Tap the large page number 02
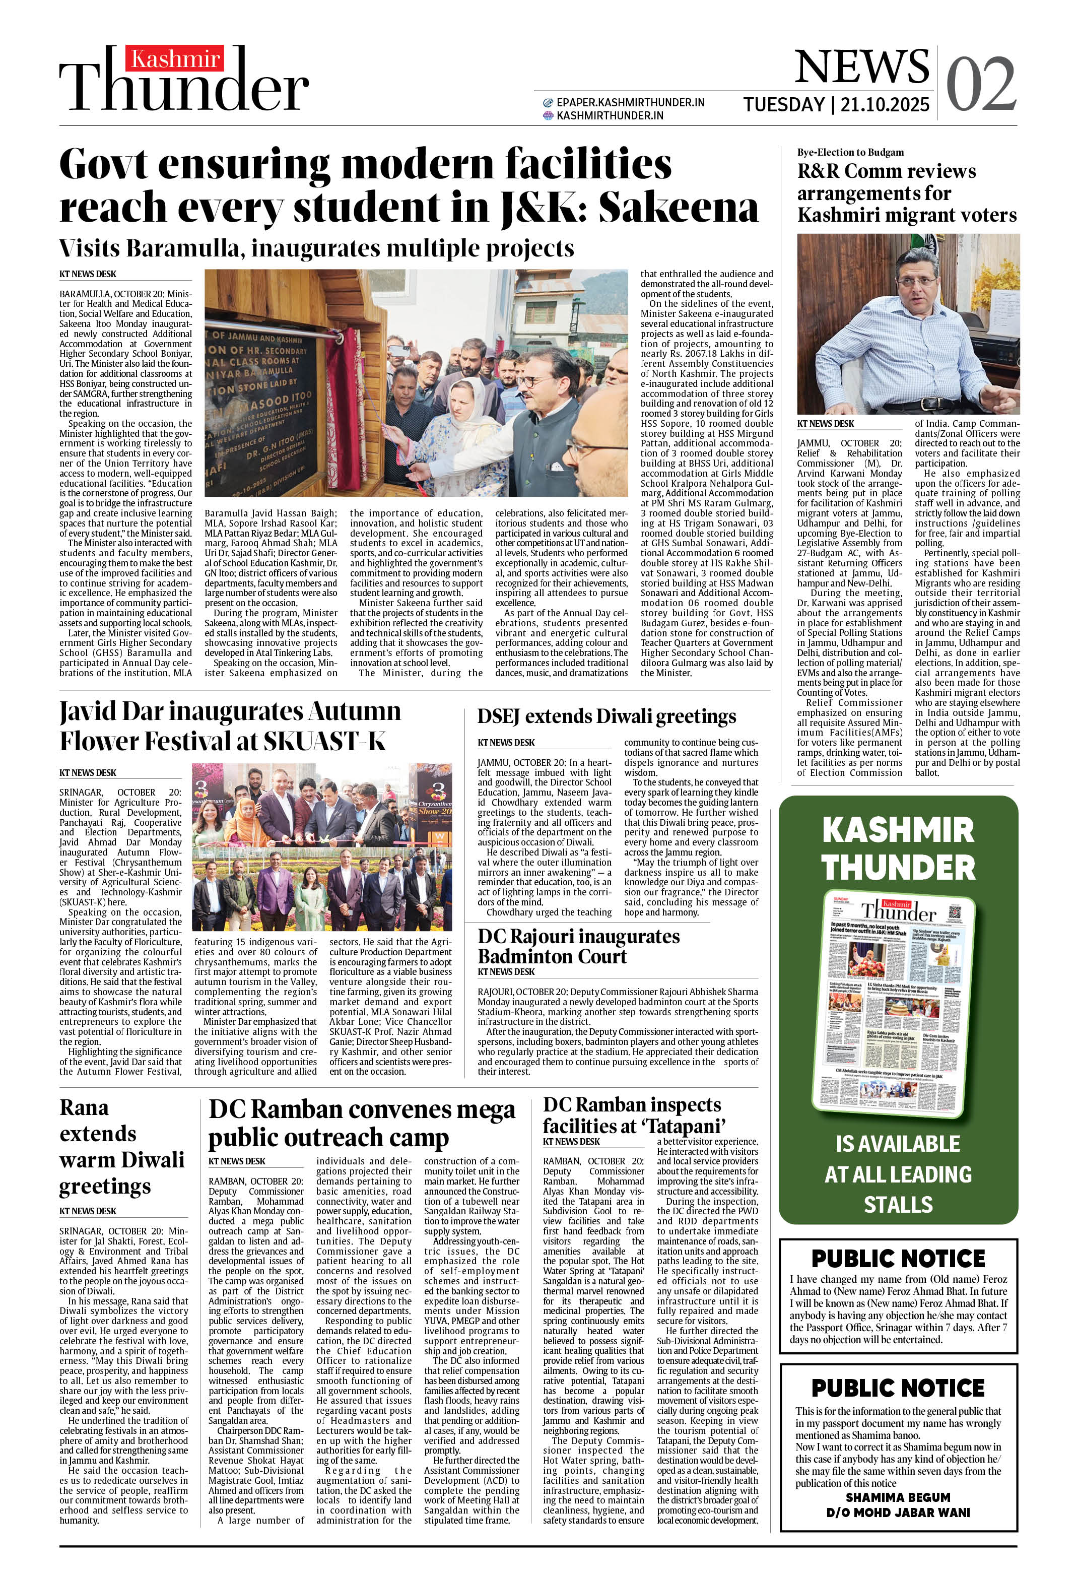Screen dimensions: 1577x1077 (981, 84)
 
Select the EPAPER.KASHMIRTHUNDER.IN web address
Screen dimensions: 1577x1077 (630, 102)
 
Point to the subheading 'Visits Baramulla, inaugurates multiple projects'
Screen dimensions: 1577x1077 (316, 248)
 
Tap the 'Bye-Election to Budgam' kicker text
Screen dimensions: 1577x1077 (850, 152)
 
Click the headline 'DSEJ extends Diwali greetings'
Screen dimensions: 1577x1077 (606, 716)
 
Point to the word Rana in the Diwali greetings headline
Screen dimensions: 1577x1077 (84, 1107)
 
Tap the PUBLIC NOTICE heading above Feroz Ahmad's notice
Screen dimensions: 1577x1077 (897, 1258)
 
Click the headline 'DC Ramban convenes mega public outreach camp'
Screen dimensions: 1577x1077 (361, 1123)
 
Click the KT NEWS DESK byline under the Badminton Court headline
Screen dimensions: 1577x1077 (506, 972)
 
